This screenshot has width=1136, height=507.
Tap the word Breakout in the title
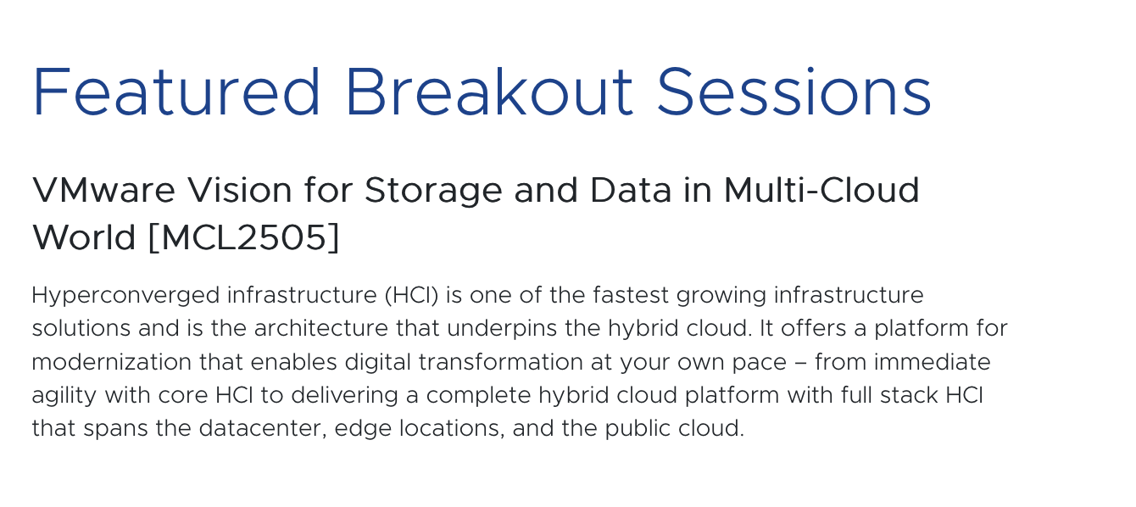tap(489, 92)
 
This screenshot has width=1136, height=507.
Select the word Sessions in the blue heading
tap(794, 92)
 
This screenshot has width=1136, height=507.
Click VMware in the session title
tap(104, 190)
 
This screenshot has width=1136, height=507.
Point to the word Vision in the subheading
tap(240, 190)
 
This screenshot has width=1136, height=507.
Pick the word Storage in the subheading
tap(433, 192)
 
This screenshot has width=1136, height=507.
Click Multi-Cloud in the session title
tap(821, 190)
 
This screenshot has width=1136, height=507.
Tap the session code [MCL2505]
tap(244, 237)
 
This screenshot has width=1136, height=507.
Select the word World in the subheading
tap(84, 237)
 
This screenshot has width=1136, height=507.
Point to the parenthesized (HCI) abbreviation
tap(411, 295)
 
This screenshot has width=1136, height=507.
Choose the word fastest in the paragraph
tap(631, 295)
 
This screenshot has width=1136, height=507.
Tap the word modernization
tap(112, 362)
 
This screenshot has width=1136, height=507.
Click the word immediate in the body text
tap(932, 362)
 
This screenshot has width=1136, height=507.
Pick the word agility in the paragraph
tap(64, 397)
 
